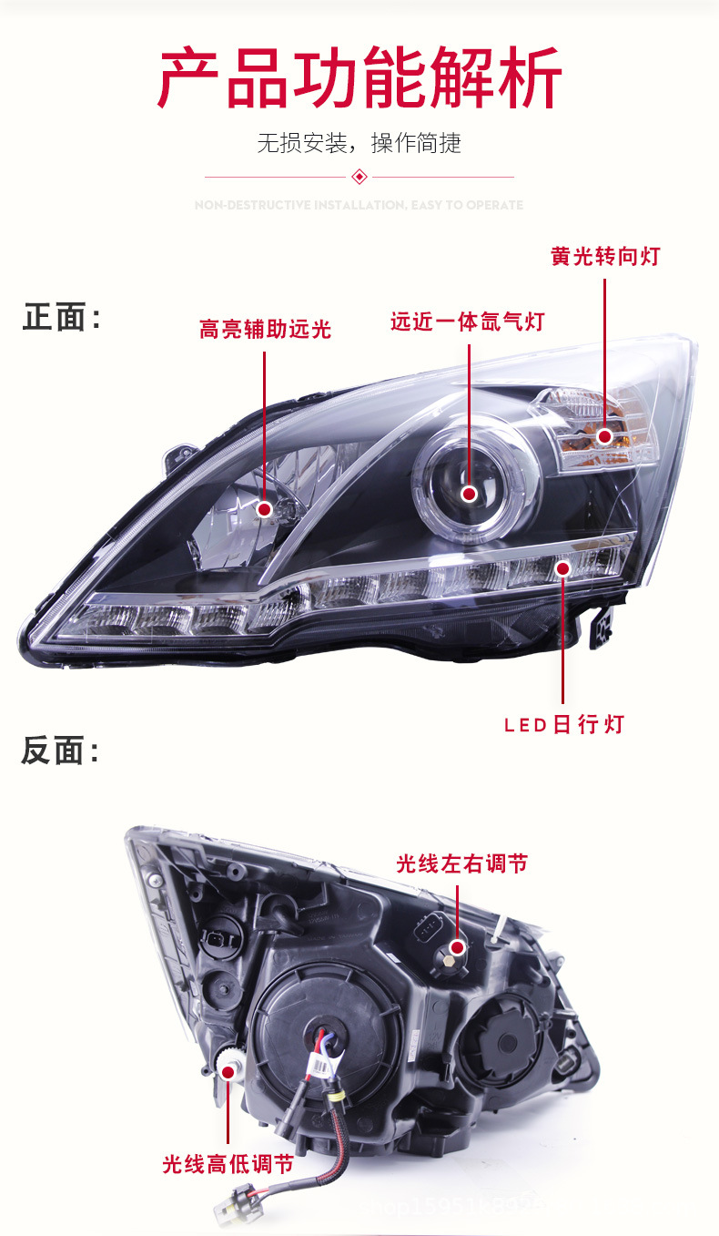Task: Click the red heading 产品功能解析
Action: (x=359, y=78)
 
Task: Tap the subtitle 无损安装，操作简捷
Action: (x=359, y=143)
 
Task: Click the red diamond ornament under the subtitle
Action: (x=359, y=176)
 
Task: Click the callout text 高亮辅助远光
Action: (x=265, y=330)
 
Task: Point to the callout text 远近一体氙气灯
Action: (x=467, y=322)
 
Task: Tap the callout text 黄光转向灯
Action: (x=604, y=257)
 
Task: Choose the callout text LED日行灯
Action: (x=564, y=725)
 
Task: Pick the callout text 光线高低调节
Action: (x=228, y=1164)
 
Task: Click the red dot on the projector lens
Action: (x=469, y=494)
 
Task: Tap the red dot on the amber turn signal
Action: (x=604, y=437)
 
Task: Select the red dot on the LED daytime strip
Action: (x=562, y=569)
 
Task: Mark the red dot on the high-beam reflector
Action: (x=265, y=509)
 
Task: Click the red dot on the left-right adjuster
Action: (x=457, y=947)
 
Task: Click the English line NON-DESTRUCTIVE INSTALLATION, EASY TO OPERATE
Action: (x=359, y=205)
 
